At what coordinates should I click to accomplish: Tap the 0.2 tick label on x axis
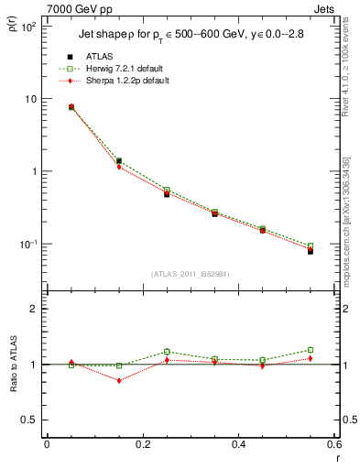click(142, 445)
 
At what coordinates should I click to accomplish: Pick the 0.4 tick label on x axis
click(238, 445)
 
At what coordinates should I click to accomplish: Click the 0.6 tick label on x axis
click(333, 445)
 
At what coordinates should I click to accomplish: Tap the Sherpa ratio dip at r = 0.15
click(119, 380)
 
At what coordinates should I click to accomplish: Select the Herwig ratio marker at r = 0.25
click(167, 352)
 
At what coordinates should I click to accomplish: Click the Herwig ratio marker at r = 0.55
click(311, 350)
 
